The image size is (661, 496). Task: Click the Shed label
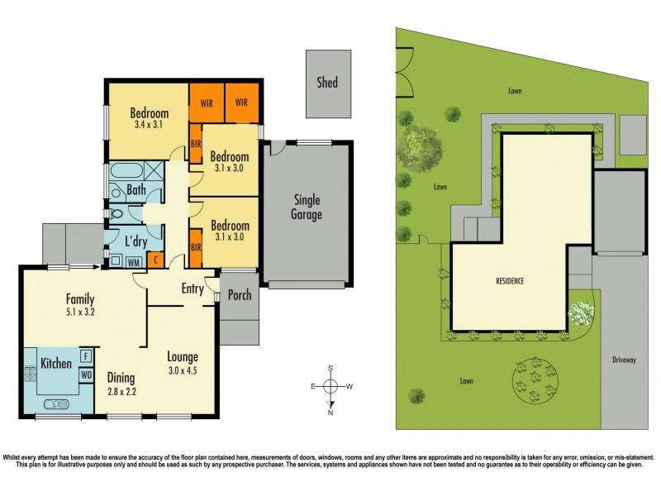pyautogui.click(x=327, y=83)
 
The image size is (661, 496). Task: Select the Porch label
pyautogui.click(x=239, y=295)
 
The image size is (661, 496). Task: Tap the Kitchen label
pyautogui.click(x=49, y=363)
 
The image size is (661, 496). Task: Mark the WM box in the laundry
pyautogui.click(x=133, y=262)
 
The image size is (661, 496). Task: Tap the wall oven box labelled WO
pyautogui.click(x=86, y=374)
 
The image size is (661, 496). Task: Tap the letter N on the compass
pyautogui.click(x=330, y=412)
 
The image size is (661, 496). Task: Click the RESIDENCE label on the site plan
pyautogui.click(x=510, y=281)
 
